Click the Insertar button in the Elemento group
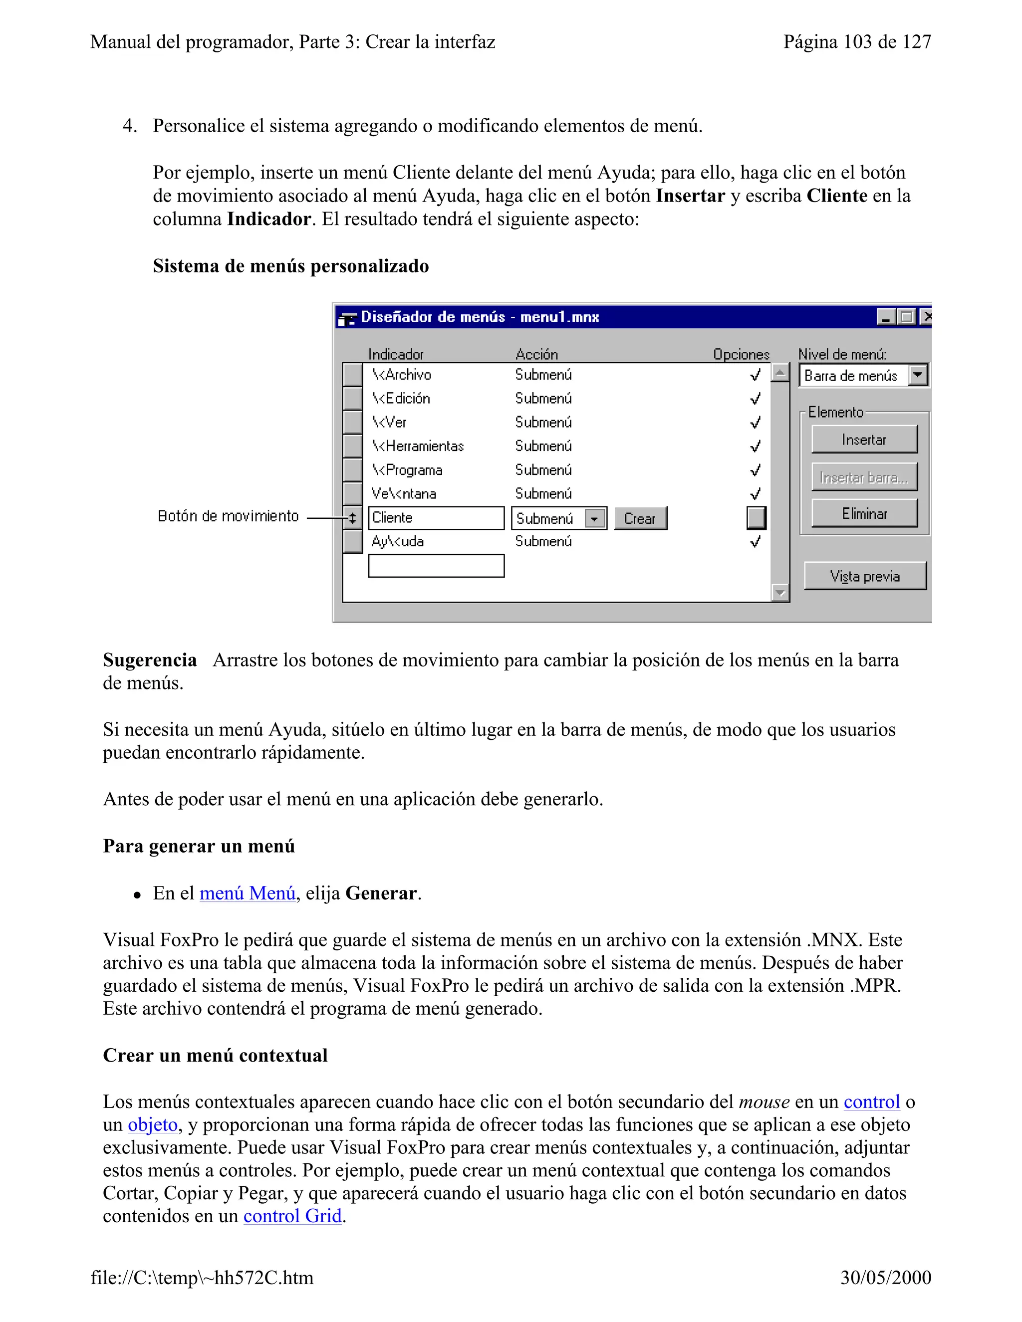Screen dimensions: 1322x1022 [x=864, y=440]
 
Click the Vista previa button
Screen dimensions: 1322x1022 [x=865, y=576]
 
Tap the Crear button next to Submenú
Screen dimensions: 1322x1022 [x=640, y=519]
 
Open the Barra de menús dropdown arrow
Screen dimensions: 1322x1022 [x=918, y=375]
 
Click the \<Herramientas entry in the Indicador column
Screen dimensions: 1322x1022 [x=418, y=446]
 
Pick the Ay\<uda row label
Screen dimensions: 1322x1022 [x=398, y=541]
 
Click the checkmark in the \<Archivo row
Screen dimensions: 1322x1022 [x=755, y=375]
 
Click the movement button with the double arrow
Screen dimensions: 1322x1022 [x=352, y=518]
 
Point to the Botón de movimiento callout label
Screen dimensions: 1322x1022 [x=228, y=516]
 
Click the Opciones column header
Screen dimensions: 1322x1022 [x=741, y=354]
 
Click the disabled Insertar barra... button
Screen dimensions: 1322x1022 [x=864, y=477]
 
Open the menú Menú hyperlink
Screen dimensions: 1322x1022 [x=247, y=893]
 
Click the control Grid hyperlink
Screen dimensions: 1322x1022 [x=292, y=1216]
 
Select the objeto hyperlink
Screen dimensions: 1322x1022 [x=153, y=1124]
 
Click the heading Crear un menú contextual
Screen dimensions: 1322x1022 [x=215, y=1055]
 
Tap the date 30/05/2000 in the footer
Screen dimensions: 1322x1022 [x=885, y=1278]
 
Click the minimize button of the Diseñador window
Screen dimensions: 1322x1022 [x=886, y=317]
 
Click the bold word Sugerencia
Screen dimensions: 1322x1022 [x=150, y=660]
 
